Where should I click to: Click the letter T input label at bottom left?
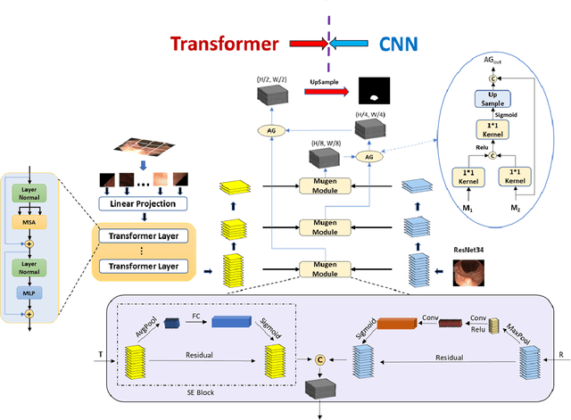coord(101,355)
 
